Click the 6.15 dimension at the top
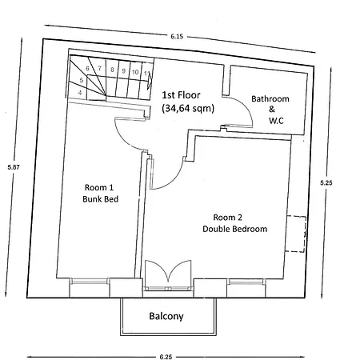click(176, 36)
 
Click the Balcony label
click(166, 316)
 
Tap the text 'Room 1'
click(101, 187)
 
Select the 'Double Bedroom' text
click(234, 230)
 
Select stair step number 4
click(80, 93)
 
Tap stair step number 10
click(136, 71)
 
